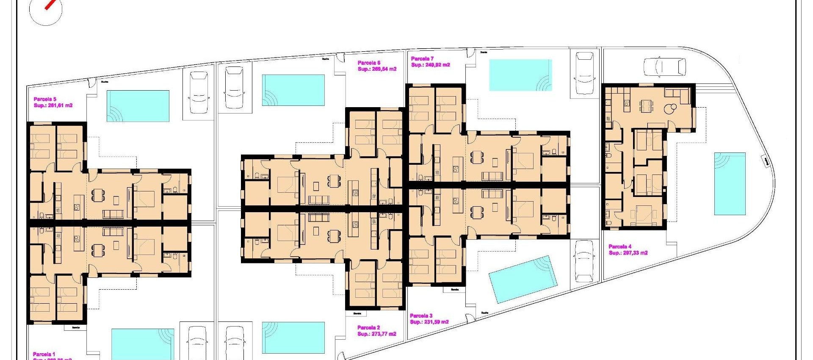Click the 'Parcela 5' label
pos(45,99)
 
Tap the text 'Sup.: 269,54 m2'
pos(377,69)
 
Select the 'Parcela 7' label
pos(422,59)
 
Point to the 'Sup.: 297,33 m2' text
pos(628,253)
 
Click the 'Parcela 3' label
pos(421,316)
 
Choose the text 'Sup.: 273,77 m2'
pos(376,334)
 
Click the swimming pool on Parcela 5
pos(138,106)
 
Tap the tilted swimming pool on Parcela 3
pos(523,279)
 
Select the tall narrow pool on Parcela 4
pos(730,183)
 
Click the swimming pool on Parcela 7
pos(520,75)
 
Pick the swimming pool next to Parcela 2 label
pos(293,338)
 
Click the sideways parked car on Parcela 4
pos(664,67)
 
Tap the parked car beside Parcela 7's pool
pos(584,73)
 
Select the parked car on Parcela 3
pos(584,261)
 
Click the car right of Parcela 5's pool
pos(199,92)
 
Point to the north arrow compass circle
pos(46,10)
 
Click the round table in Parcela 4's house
pos(669,109)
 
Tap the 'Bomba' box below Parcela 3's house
pos(454,290)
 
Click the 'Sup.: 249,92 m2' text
pos(430,65)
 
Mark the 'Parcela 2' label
pos(368,327)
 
